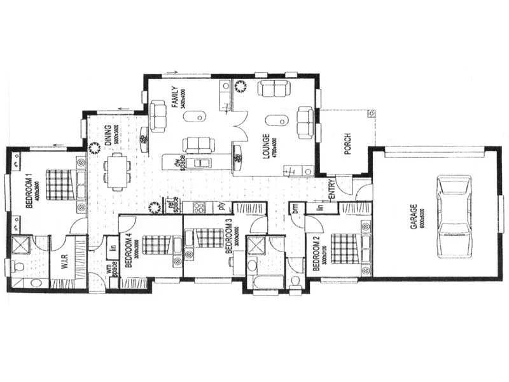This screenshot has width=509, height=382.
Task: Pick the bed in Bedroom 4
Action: point(157,245)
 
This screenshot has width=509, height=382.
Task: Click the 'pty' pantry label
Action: point(222,206)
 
